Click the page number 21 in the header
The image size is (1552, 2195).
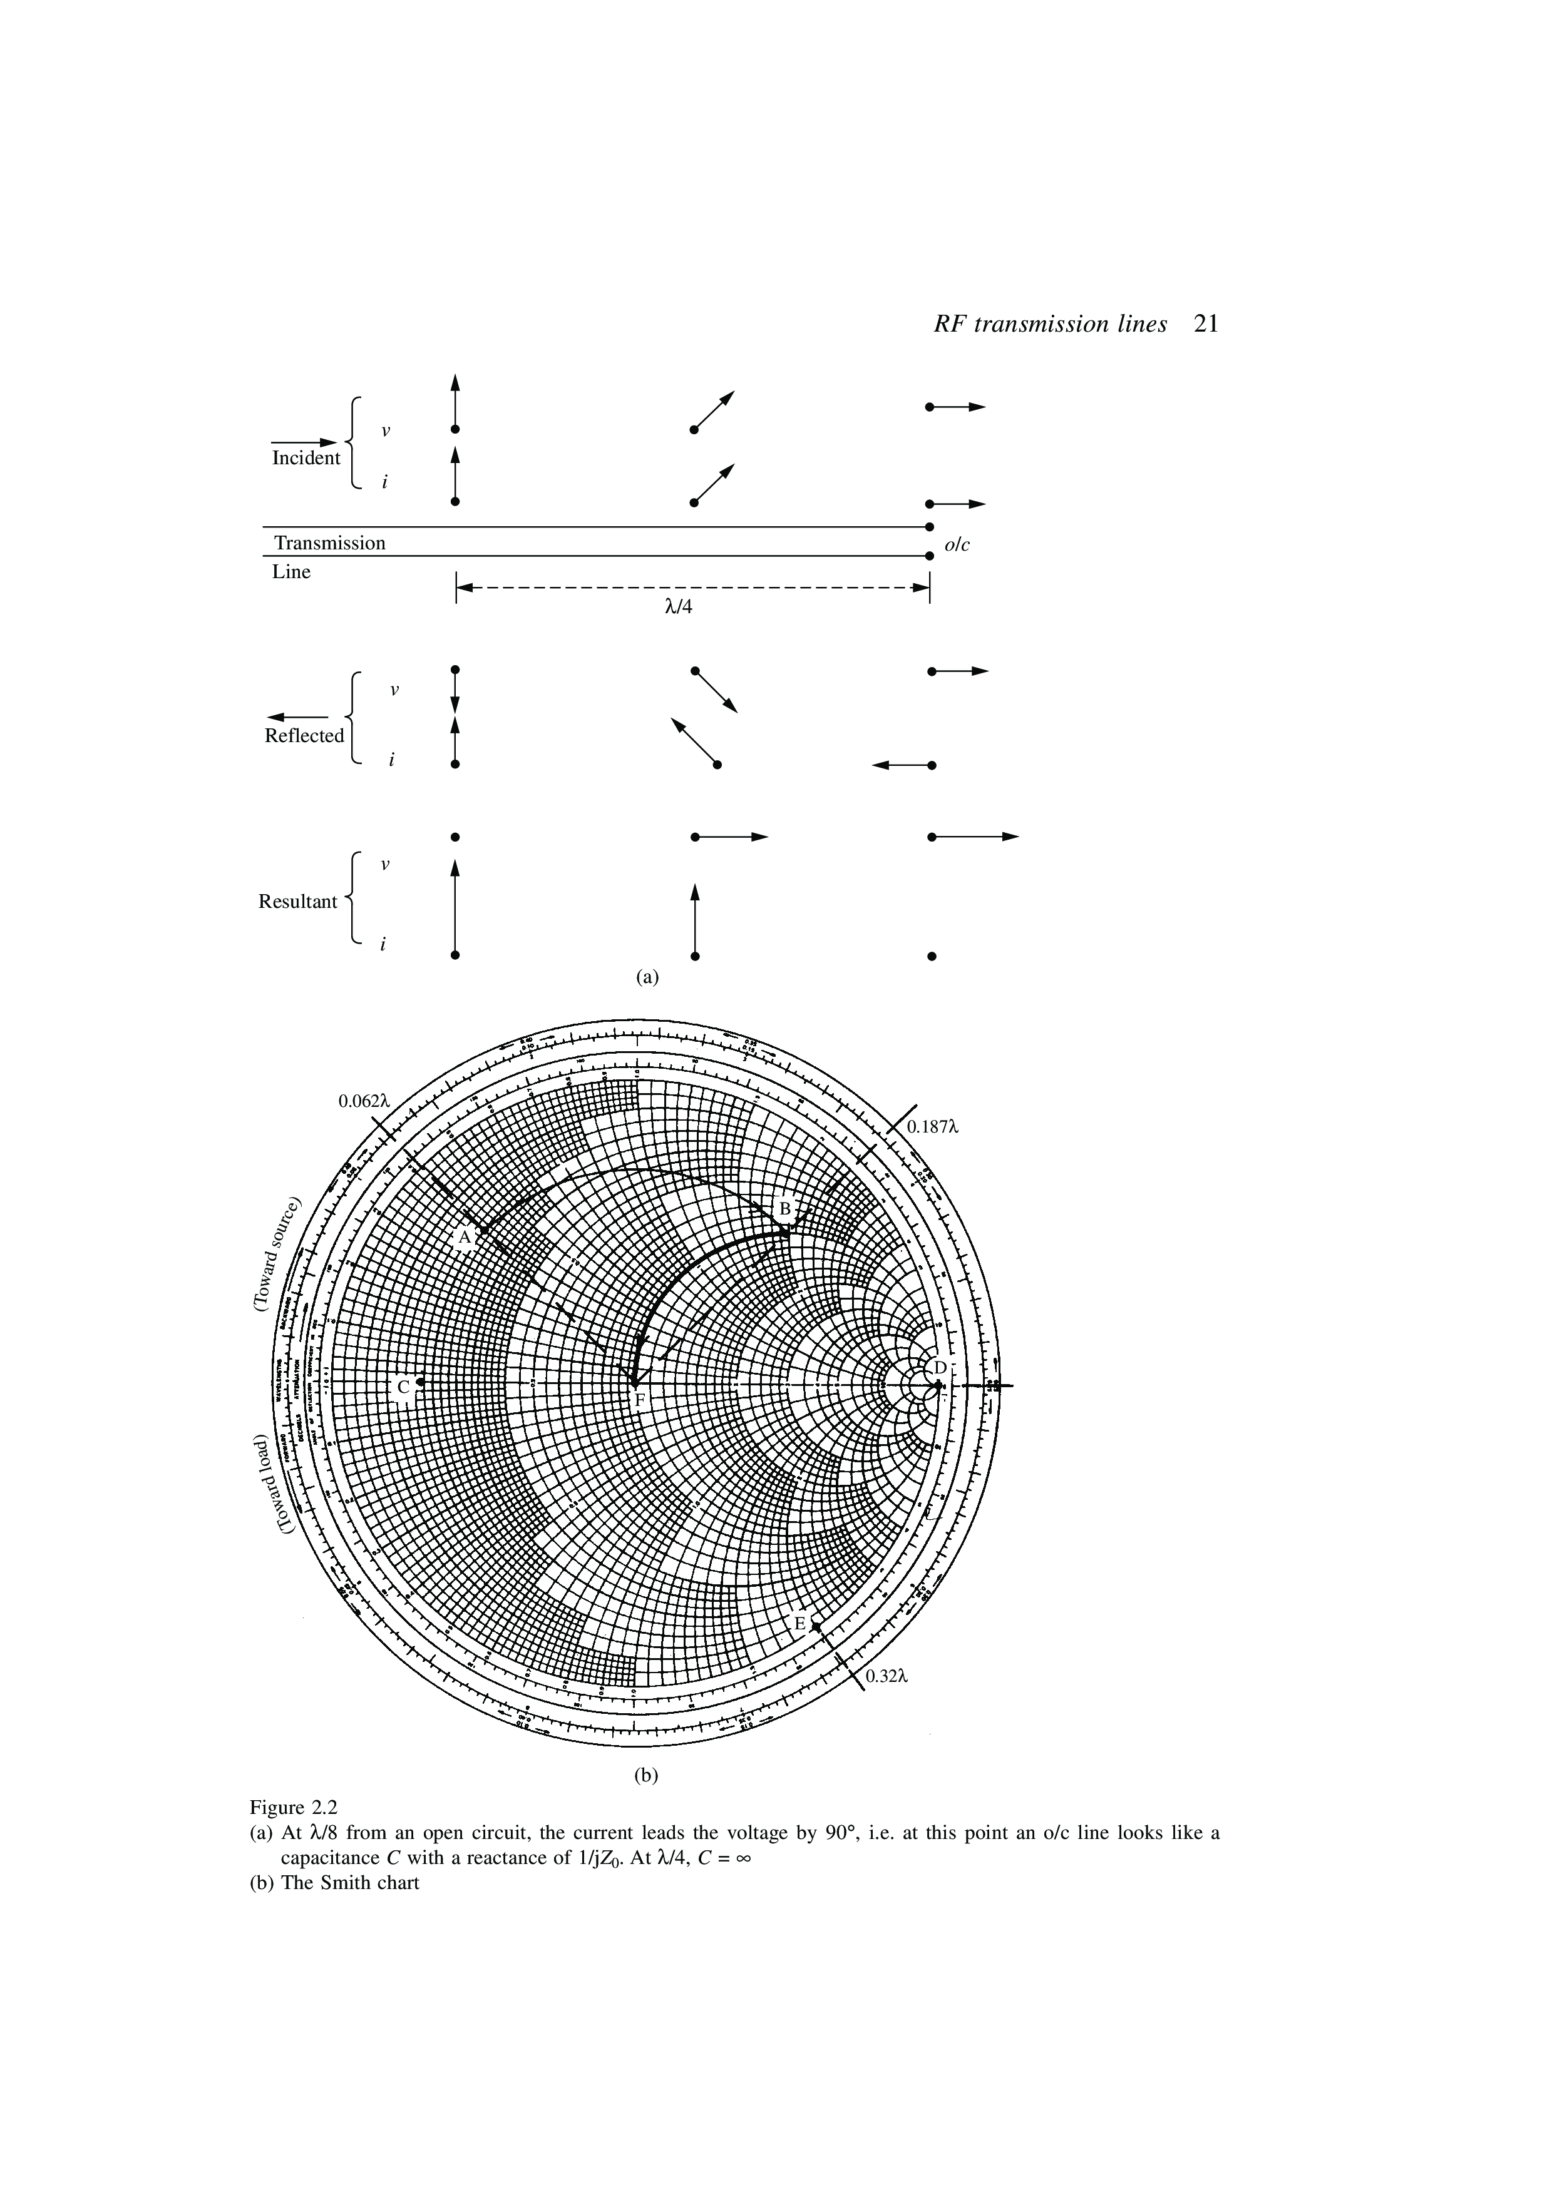[x=1206, y=324]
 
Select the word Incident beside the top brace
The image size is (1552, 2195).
[x=306, y=458]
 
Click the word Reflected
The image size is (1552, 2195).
[x=304, y=735]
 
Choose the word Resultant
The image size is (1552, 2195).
[x=297, y=902]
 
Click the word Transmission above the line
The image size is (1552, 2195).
[x=330, y=543]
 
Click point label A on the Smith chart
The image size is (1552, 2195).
[x=464, y=1238]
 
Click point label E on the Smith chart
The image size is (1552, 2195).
[x=800, y=1624]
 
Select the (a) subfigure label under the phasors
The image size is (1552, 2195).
[x=649, y=976]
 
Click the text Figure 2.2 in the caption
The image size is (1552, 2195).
[x=294, y=1807]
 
